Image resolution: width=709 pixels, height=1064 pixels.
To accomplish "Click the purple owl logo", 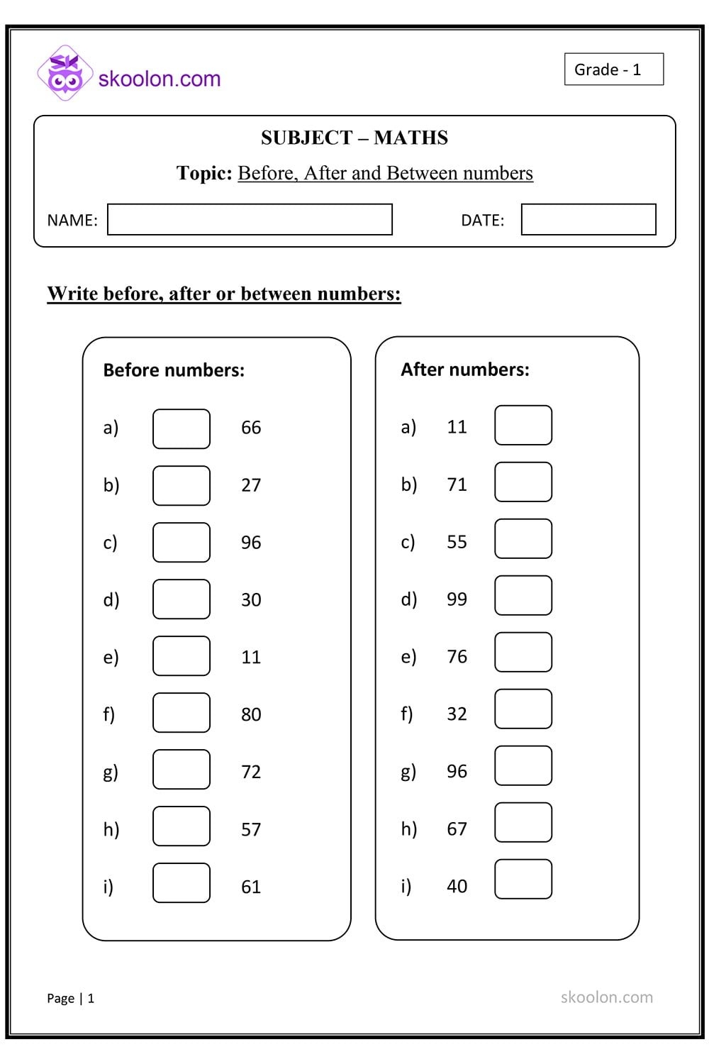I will click(x=65, y=74).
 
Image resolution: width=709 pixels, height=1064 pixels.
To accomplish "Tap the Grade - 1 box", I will click(x=613, y=70).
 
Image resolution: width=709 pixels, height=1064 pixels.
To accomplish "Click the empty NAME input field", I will click(x=250, y=220).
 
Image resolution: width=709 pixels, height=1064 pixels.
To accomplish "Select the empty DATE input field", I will click(x=588, y=220).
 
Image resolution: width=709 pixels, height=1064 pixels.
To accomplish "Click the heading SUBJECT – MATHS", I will click(x=354, y=138).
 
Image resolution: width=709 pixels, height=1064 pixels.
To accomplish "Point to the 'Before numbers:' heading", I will click(x=174, y=370).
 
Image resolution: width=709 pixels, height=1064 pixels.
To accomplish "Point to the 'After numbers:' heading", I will click(x=465, y=370).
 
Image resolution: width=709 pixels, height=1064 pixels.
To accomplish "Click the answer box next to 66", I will click(x=182, y=429).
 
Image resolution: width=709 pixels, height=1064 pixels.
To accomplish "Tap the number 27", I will click(x=251, y=485).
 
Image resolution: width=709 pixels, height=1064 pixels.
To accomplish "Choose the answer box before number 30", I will click(x=182, y=599).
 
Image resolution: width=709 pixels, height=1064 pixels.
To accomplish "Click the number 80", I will click(x=251, y=714).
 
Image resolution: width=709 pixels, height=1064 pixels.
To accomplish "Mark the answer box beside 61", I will click(x=182, y=883).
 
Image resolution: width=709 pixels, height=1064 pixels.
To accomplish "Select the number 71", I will click(x=457, y=484).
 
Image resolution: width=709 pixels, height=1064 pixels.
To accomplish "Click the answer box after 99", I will click(x=523, y=596).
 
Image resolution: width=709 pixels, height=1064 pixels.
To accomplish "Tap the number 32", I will click(x=457, y=714).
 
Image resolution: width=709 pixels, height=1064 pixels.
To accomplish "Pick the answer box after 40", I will click(x=523, y=880).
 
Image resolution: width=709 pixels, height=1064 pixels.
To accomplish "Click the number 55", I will click(x=457, y=542).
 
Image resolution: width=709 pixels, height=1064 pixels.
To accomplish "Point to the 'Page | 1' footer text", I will click(x=70, y=999).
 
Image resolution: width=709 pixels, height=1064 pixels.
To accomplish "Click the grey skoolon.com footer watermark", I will click(x=606, y=997).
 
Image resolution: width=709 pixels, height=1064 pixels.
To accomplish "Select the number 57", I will click(x=251, y=829).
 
